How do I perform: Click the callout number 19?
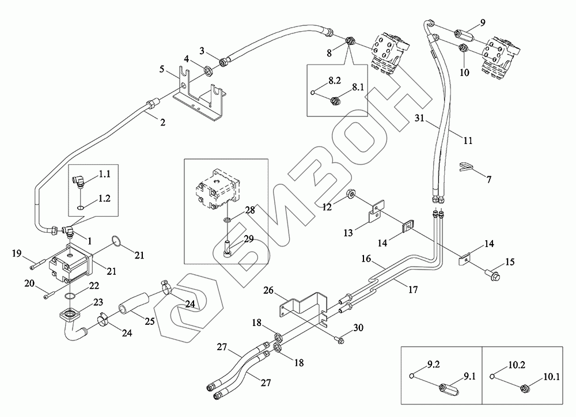pos(17,253)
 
